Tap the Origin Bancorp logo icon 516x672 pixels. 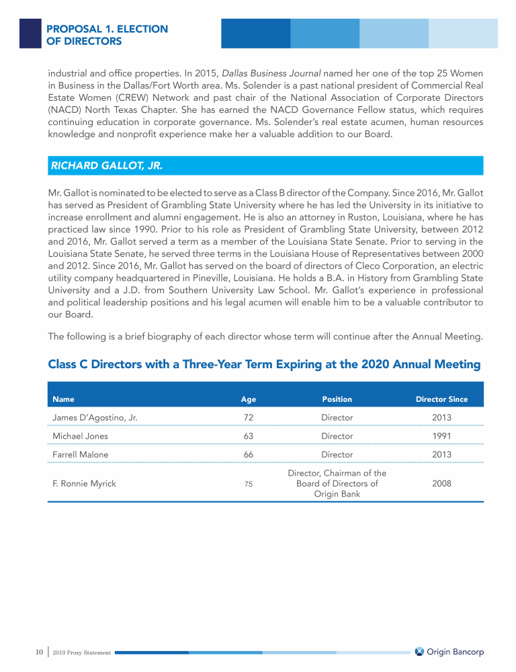[419, 651]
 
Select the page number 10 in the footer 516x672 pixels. [39, 652]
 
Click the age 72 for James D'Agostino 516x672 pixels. [249, 417]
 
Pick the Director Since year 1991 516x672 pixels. [441, 435]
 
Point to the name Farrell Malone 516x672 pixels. [80, 454]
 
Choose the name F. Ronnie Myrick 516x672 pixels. [84, 483]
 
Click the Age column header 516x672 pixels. [249, 399]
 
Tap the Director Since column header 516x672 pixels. [441, 399]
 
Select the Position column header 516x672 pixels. [337, 399]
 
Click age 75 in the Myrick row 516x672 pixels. [249, 484]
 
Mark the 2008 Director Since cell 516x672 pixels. [441, 483]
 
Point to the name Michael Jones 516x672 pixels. [80, 435]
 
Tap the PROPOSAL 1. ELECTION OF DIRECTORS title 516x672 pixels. [107, 35]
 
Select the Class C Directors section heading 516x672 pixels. [264, 365]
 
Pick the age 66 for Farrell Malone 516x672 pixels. [249, 454]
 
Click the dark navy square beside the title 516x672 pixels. [30, 34]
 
